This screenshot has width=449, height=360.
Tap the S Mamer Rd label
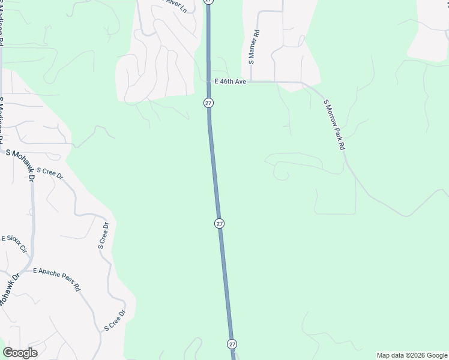click(x=254, y=47)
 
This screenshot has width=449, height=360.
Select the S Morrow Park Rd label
click(x=335, y=125)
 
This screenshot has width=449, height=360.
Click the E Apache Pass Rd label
click(x=57, y=279)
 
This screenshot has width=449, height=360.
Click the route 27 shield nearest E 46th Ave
click(x=208, y=103)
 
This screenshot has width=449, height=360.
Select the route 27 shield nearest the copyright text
click(x=232, y=344)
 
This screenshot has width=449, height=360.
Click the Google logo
click(x=20, y=353)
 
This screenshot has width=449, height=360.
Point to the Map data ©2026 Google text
click(x=412, y=355)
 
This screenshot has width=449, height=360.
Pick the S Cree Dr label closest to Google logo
click(x=115, y=320)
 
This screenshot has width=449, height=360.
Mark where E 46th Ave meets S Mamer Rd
click(x=251, y=81)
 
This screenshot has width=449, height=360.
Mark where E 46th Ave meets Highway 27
click(x=208, y=82)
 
